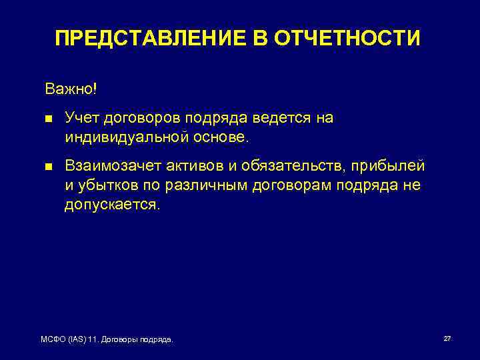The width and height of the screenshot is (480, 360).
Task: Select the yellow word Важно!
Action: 71,89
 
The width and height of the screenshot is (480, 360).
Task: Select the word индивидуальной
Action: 122,137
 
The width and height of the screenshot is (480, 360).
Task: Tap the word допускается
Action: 112,205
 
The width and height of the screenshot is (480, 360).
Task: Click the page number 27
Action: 447,339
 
